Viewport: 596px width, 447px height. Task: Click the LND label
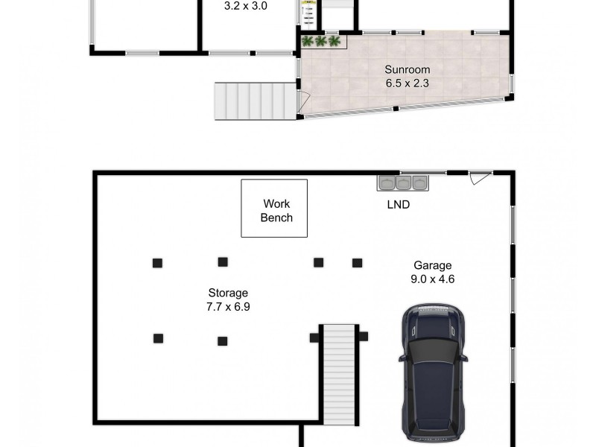[x=397, y=204]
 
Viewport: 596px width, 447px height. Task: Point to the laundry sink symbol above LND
[x=402, y=183]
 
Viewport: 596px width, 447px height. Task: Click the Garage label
[x=434, y=265]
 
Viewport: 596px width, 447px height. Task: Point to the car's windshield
[x=432, y=345]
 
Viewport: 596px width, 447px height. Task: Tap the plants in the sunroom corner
[x=320, y=41]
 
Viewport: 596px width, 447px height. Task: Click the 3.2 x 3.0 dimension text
[x=246, y=5]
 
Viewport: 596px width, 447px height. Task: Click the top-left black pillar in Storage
[x=158, y=262]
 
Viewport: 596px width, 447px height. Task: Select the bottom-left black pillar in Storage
[x=158, y=338]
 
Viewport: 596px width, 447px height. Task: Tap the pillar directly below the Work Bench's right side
[x=319, y=262]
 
